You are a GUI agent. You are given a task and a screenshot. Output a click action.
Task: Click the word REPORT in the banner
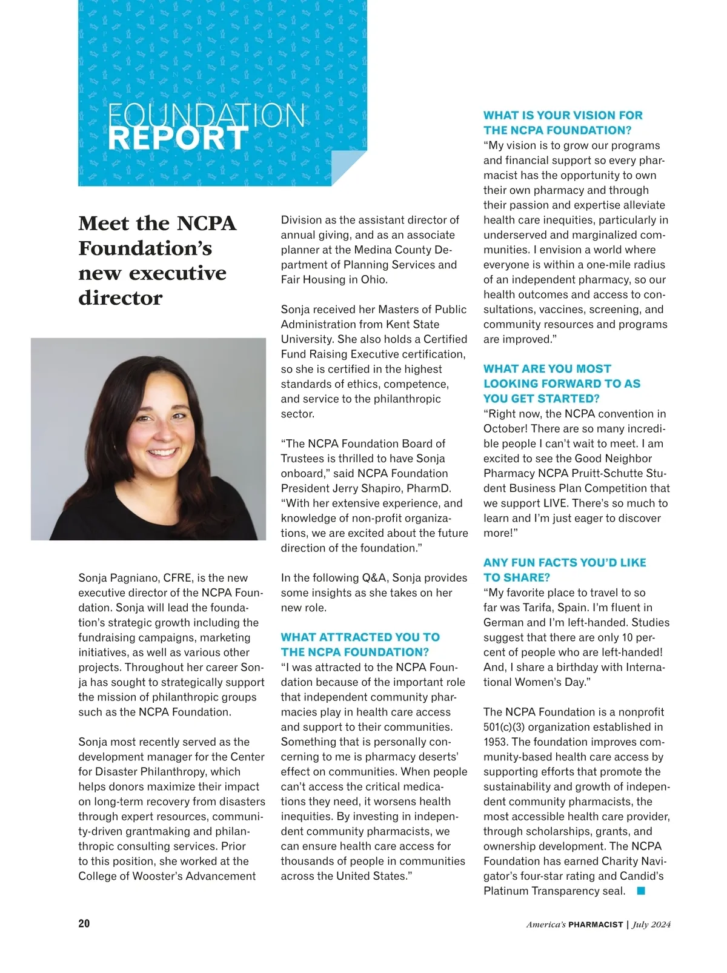coord(178,139)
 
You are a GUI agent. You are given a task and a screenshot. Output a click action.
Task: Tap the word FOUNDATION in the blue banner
coord(206,115)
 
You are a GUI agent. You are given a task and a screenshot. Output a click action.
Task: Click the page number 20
coord(84,923)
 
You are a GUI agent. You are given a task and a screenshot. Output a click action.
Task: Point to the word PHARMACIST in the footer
coord(596,925)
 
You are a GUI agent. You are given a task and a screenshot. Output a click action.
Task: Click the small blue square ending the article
coord(641,891)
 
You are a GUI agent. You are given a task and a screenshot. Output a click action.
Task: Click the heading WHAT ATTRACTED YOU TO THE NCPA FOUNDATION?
coord(360,645)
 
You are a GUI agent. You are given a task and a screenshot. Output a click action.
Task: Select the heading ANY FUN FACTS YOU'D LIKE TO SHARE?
coord(564,570)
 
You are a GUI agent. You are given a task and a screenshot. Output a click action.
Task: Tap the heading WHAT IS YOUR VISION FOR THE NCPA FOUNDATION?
coord(563,122)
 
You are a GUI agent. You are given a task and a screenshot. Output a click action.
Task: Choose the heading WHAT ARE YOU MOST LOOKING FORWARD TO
coord(562,384)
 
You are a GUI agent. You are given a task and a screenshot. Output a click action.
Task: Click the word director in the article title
coord(121,298)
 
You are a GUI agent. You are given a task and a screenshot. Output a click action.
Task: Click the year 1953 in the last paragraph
coord(495,742)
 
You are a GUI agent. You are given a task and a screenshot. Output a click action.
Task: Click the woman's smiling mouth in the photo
coord(164,452)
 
